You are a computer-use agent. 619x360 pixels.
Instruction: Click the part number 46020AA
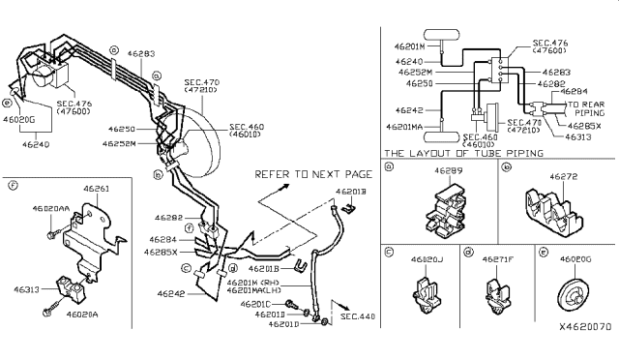51,207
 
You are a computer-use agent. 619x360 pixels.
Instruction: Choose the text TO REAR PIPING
586,108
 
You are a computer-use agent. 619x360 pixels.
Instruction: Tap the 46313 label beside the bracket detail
26,288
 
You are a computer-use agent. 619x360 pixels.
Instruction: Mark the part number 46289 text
447,170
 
